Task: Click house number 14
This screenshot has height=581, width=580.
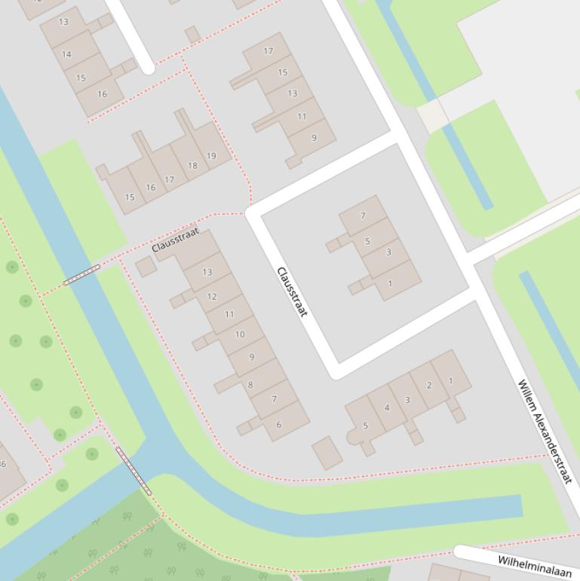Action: (67, 54)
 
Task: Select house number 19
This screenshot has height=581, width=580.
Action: (211, 156)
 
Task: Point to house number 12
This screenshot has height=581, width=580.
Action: (212, 297)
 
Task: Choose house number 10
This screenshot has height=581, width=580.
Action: (240, 334)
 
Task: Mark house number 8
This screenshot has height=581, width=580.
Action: (250, 386)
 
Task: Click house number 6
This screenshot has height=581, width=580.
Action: (278, 425)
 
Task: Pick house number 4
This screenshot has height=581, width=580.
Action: (387, 408)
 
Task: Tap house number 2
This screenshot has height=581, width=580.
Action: (429, 386)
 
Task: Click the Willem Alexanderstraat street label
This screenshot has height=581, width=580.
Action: (545, 432)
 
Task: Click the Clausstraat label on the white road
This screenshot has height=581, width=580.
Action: (292, 292)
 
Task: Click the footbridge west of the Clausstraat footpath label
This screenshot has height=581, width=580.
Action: (81, 275)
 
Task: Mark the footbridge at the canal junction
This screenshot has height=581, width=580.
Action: (133, 471)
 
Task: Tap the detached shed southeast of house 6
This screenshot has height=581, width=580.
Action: (327, 453)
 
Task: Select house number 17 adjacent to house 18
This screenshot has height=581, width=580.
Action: (170, 180)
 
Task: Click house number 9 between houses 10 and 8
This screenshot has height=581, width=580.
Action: (251, 357)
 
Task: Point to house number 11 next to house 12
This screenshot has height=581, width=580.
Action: (229, 314)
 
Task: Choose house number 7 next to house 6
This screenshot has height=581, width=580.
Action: (274, 399)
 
